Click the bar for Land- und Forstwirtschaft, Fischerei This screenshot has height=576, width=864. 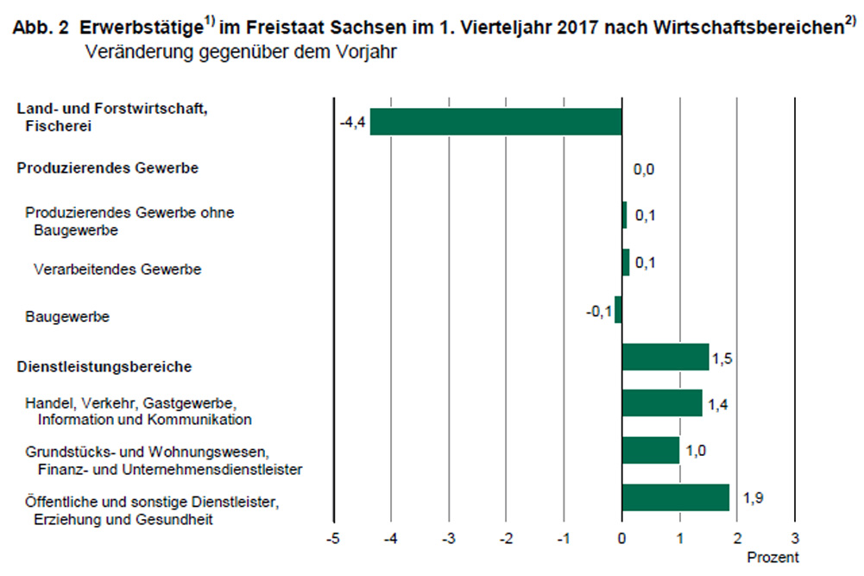pos(495,122)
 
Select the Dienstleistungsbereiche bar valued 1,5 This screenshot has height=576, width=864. pos(665,357)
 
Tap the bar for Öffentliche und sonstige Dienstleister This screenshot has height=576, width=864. pos(675,497)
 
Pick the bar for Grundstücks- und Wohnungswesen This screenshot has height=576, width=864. pos(650,450)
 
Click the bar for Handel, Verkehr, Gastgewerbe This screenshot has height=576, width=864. pos(661,403)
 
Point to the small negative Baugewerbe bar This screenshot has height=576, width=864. pos(618,309)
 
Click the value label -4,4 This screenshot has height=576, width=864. pos(353,123)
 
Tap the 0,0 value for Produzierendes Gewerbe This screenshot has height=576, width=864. pos(644,169)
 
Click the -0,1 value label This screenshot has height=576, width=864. pos(598,309)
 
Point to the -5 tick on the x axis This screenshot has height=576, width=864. pos(333,539)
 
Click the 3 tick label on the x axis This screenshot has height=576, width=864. pos(795,539)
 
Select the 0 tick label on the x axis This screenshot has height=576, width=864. pos(622,539)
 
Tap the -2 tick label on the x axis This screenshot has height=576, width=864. pos(506,539)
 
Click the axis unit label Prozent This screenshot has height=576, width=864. pos(773,556)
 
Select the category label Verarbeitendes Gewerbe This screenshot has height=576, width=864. pos(117,269)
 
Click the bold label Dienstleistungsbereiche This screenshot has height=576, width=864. pos(104,367)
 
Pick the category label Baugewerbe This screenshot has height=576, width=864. pos(67,317)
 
